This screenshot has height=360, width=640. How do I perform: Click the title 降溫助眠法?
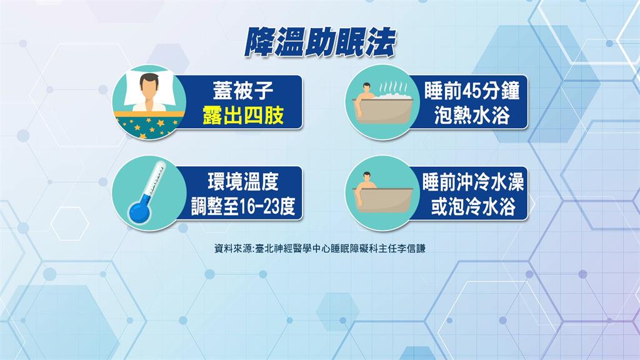coord(320,42)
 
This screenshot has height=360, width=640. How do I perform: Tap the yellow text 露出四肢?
coord(243,116)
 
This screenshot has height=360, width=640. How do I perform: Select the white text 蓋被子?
coord(243,91)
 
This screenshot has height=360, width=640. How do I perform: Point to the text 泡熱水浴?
coord(472,115)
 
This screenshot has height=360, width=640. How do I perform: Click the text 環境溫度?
coord(243,182)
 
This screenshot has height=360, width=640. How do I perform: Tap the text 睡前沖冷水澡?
coord(473,182)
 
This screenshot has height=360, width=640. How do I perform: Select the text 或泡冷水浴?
coord(473,206)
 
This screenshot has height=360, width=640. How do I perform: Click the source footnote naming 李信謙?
coord(319,249)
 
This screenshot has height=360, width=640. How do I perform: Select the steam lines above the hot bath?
coord(393,87)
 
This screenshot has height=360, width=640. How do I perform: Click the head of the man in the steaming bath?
coord(367,87)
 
